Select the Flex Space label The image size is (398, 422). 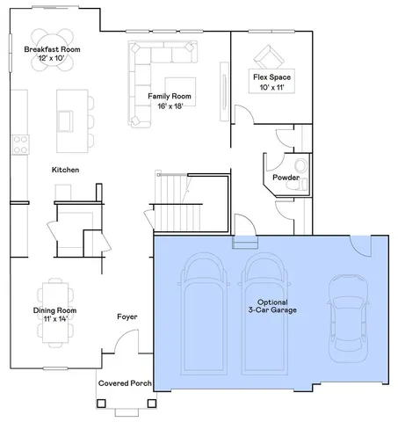click(x=271, y=82)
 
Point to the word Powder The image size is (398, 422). click(x=286, y=177)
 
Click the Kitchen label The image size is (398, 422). click(x=66, y=169)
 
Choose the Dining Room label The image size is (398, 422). click(x=54, y=315)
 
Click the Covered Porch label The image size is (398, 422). click(x=125, y=383)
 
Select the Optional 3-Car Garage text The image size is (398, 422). click(x=271, y=306)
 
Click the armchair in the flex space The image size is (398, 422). click(x=270, y=56)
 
